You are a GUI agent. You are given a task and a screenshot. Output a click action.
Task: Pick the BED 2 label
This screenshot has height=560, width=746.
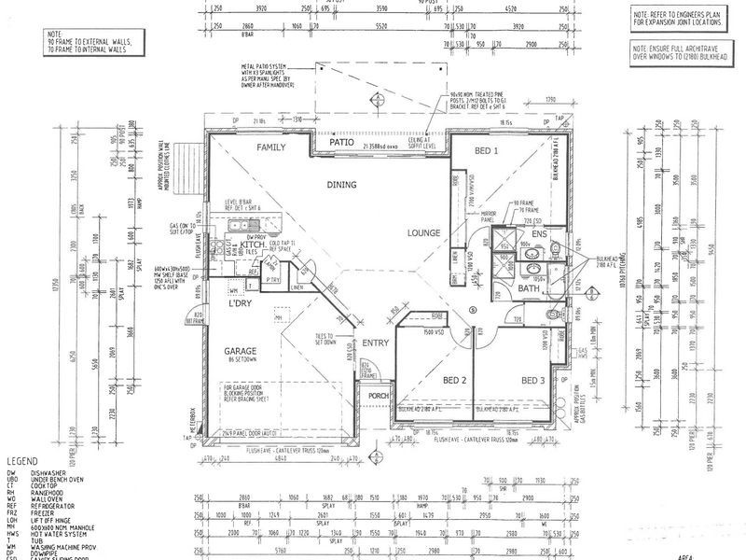pos(453,381)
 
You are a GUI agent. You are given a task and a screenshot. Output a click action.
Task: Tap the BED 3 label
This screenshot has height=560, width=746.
pos(533,381)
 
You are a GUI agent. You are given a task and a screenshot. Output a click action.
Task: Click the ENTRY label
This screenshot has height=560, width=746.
pos(375,343)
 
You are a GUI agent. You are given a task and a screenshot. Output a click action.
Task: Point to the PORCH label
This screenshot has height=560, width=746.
pos(379,395)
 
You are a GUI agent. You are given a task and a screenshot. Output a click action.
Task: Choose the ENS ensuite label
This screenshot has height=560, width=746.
pos(539,233)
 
